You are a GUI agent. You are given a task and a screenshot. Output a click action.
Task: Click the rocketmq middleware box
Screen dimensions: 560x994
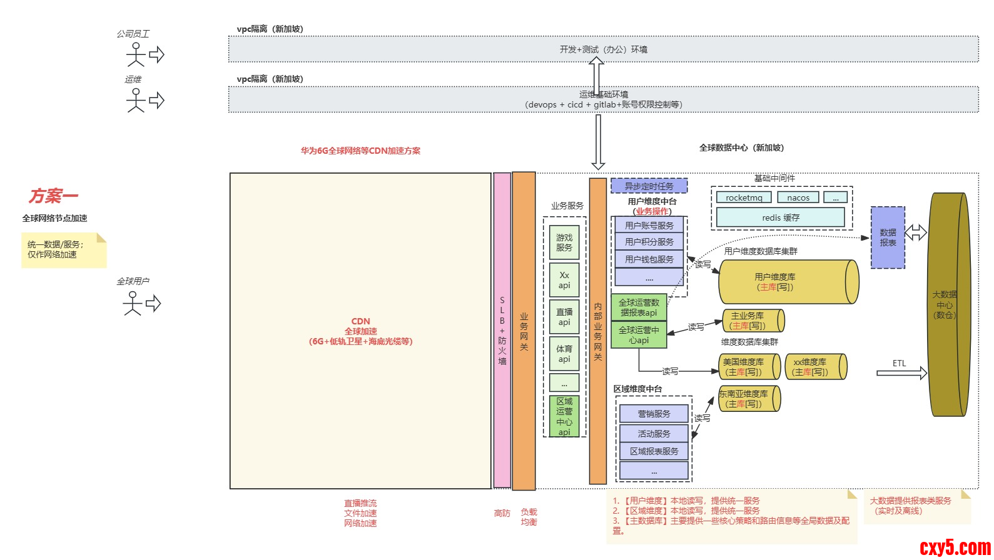click(x=744, y=197)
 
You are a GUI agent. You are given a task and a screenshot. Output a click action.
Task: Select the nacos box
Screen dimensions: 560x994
click(x=798, y=197)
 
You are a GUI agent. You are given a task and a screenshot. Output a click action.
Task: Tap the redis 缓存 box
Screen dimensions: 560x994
click(x=780, y=217)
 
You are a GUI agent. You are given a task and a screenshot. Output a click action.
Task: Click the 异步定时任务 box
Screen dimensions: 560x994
click(x=649, y=186)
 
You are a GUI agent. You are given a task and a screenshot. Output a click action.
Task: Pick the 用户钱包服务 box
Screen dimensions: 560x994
click(x=649, y=259)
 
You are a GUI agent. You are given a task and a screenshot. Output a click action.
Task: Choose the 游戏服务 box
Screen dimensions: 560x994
click(x=564, y=242)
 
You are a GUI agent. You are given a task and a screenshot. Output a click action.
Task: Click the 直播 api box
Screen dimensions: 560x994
click(x=564, y=317)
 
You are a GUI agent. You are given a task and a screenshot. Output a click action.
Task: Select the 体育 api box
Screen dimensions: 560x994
click(x=564, y=354)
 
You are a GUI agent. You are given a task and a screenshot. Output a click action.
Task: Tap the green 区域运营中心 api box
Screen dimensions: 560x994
click(x=564, y=416)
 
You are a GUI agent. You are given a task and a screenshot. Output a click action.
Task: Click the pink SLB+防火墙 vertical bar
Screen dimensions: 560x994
click(x=502, y=330)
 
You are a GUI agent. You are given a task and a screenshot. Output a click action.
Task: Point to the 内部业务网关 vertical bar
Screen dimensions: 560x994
click(x=598, y=331)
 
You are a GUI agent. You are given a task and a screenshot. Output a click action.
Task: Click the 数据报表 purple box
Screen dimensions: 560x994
click(x=888, y=237)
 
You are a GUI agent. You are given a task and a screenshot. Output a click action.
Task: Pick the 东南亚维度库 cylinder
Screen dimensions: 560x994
click(x=748, y=399)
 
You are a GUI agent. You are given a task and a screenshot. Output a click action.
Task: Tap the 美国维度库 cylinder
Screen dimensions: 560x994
click(x=748, y=367)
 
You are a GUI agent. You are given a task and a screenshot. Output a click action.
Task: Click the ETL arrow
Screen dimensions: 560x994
click(x=901, y=373)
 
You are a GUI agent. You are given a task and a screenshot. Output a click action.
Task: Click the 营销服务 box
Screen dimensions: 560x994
click(x=654, y=414)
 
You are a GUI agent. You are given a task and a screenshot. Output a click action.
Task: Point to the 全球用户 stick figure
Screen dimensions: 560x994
click(x=133, y=304)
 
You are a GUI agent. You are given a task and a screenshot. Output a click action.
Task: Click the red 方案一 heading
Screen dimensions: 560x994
click(x=53, y=196)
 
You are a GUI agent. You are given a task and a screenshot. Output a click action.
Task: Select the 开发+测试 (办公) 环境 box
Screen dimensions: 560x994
click(x=603, y=49)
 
